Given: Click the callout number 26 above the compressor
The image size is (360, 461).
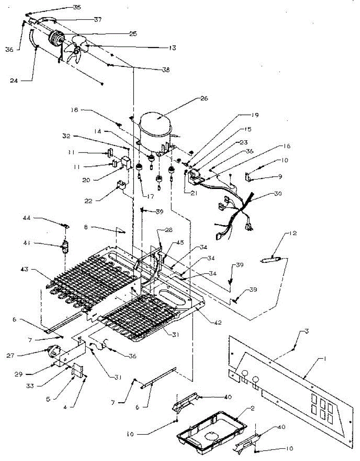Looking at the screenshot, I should (x=203, y=98).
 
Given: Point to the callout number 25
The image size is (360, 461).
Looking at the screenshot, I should (x=133, y=34).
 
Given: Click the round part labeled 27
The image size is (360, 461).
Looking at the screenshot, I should (x=50, y=351).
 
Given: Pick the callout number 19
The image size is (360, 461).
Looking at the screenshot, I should (x=255, y=115).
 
